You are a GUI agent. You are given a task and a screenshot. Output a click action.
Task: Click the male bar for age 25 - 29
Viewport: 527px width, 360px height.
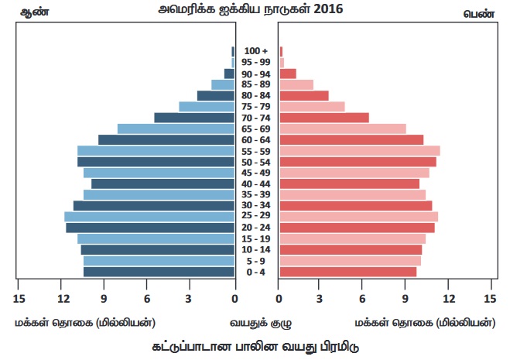(x=149, y=217)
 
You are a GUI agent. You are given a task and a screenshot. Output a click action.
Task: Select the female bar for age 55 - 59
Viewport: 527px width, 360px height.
(x=360, y=150)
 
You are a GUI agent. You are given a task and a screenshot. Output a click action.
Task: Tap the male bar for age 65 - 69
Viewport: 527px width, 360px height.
(x=176, y=129)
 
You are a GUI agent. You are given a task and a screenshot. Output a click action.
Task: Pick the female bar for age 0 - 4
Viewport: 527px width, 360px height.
(x=347, y=272)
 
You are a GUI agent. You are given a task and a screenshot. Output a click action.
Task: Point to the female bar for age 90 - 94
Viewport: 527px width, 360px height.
(x=288, y=74)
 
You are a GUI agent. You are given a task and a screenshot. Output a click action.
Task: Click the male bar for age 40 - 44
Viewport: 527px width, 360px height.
(x=163, y=183)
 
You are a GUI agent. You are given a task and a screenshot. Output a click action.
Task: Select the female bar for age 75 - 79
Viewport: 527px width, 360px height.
(x=312, y=107)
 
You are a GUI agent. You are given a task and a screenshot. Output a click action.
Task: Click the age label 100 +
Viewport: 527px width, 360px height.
(x=255, y=51)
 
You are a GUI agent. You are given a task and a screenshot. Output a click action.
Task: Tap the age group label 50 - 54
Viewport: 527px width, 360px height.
(x=255, y=162)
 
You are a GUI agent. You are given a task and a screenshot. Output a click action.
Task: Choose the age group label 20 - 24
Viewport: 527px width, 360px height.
(x=255, y=228)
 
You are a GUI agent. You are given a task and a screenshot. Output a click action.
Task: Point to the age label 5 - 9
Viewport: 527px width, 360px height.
(x=255, y=261)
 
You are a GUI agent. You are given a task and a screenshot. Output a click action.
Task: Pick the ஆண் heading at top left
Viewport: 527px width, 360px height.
(x=29, y=13)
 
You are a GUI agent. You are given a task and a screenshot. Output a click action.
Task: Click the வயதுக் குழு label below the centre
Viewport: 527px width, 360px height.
(x=255, y=322)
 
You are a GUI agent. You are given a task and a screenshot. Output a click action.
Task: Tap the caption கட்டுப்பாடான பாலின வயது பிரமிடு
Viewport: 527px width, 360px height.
(x=255, y=345)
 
